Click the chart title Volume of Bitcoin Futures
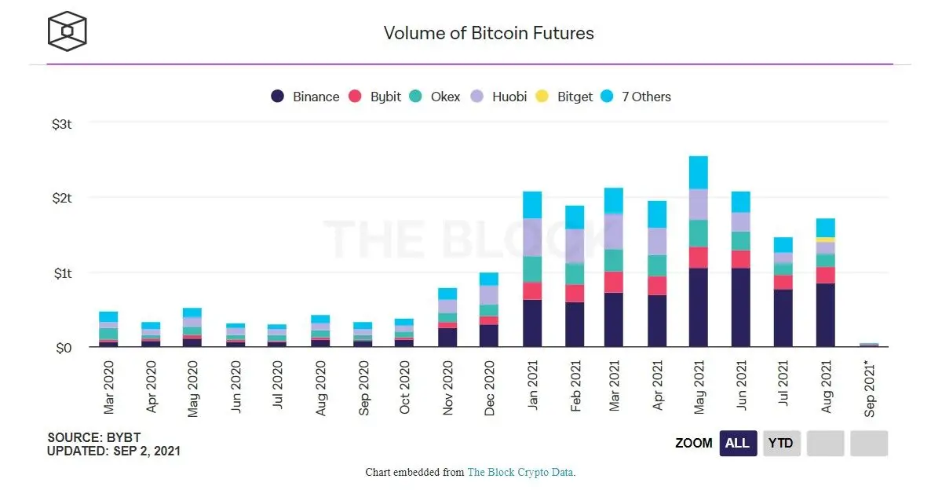[488, 33]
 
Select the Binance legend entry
[305, 97]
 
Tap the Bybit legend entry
[375, 97]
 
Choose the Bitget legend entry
[564, 97]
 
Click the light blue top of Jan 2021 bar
[531, 205]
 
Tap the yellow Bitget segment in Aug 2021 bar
[825, 239]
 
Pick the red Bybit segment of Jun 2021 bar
[740, 259]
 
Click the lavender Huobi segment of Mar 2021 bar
[613, 231]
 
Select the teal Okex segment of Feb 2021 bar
[574, 273]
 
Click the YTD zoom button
[780, 443]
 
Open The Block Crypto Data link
[520, 473]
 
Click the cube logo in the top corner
[67, 31]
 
